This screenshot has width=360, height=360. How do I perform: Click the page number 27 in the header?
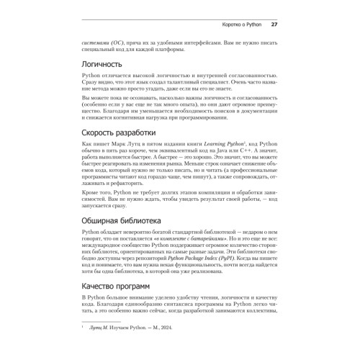[274, 25]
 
